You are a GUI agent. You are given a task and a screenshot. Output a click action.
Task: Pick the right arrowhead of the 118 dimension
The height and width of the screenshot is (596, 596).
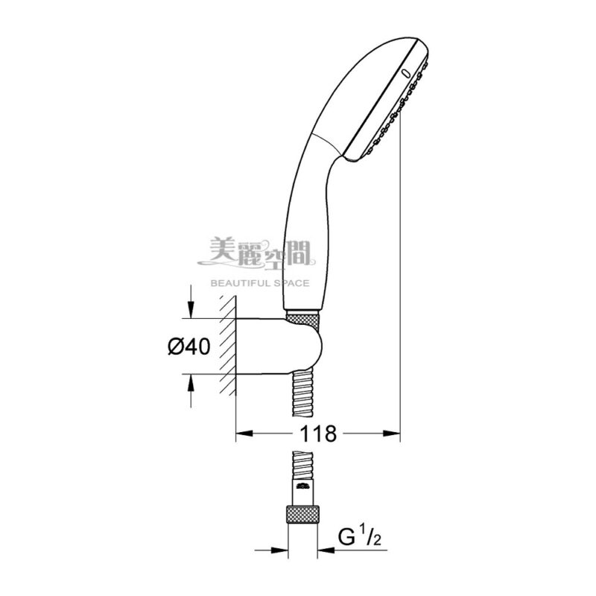pyautogui.click(x=391, y=432)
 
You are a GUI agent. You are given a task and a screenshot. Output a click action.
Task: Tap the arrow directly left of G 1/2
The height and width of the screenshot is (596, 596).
pyautogui.click(x=327, y=551)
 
